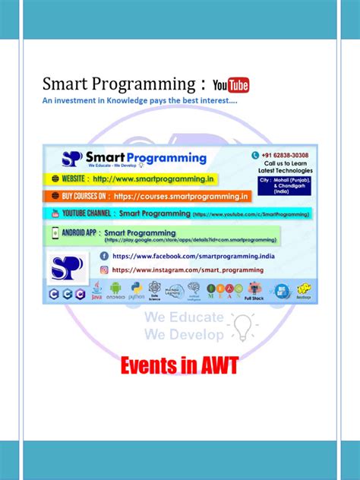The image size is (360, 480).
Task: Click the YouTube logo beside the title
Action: point(231,85)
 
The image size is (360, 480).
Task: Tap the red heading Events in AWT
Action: point(181,367)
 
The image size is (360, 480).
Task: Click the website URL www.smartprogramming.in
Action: point(152,179)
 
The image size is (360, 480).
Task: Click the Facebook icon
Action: point(104,256)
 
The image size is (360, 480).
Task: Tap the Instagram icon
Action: point(104,269)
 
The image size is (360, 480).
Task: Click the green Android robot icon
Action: point(115,289)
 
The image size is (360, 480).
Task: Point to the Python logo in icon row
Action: point(137,289)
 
